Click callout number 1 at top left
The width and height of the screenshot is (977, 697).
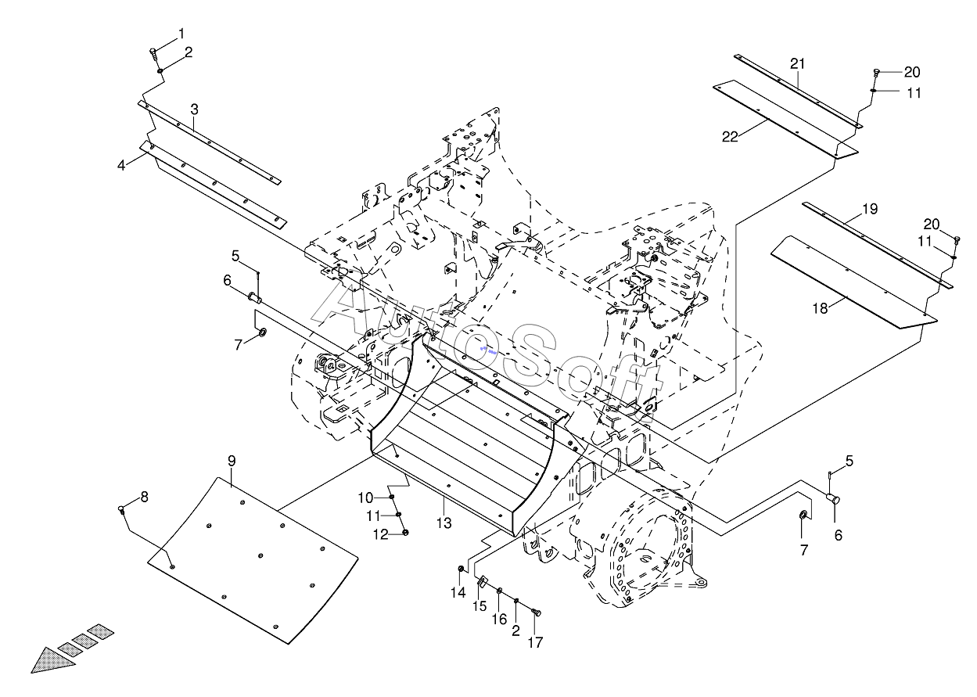coord(181,33)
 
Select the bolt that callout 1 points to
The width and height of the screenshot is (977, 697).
coord(153,54)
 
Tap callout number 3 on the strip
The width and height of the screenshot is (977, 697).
coord(194,110)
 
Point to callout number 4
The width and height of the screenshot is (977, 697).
coord(121,165)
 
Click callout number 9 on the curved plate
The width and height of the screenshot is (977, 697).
coord(232,461)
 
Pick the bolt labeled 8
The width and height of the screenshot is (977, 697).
coord(122,509)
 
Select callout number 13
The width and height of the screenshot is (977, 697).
coord(444,523)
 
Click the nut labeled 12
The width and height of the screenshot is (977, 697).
coord(406,532)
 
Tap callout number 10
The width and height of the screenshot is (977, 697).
coord(365,498)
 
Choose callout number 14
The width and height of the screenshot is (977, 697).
coord(458,592)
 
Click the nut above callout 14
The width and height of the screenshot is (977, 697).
coord(461,569)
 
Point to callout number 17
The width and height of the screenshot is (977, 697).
coord(535,642)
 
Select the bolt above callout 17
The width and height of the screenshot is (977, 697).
coord(537,613)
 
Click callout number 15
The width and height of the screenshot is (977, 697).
coord(480,605)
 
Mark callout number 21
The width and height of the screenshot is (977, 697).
coord(797,64)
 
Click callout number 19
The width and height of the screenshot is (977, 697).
coord(870,209)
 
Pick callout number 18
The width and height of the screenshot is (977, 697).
coord(820,309)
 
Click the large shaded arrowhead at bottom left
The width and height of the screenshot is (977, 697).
coord(52,661)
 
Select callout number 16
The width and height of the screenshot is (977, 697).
coord(499,620)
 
